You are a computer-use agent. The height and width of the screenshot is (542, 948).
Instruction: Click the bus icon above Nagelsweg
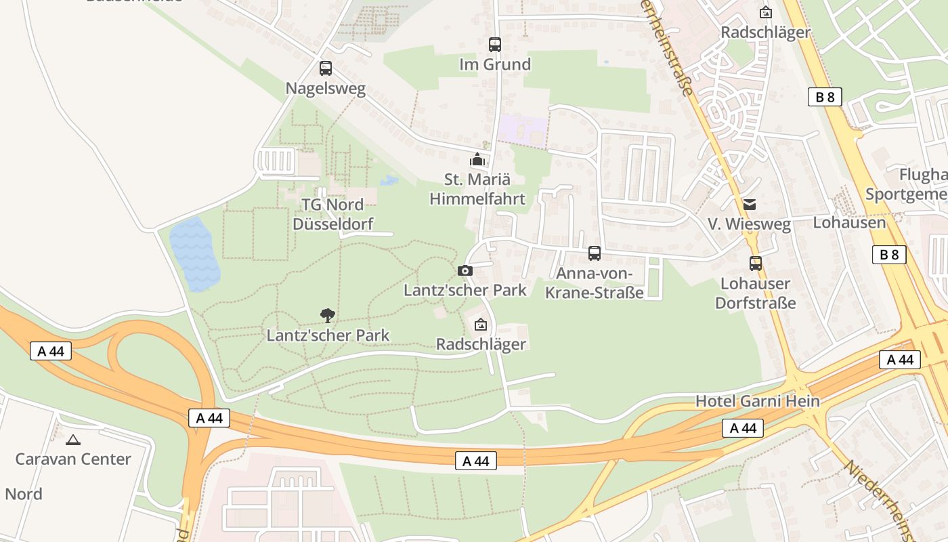326,68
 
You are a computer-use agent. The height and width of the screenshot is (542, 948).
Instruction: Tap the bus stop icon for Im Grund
495,45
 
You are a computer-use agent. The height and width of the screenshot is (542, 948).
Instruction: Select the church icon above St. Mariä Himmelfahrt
477,160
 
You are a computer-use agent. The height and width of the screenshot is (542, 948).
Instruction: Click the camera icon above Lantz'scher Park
465,270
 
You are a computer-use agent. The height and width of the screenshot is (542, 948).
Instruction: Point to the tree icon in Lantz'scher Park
328,315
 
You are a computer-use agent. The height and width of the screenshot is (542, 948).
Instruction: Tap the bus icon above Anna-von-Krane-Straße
595,253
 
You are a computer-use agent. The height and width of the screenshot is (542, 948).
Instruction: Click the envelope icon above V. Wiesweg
749,204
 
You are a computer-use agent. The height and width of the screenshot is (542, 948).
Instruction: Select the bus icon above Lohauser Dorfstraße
756,264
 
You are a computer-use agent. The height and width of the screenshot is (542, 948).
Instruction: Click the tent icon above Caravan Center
73,440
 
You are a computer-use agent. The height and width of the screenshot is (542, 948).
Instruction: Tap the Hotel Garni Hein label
757,401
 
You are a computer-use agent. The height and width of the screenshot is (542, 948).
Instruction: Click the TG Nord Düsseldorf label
332,214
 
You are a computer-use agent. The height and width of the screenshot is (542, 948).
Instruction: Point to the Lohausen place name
848,222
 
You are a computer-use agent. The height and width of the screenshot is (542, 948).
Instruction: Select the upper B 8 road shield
825,97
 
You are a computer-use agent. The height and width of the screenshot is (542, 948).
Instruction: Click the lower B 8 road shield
888,255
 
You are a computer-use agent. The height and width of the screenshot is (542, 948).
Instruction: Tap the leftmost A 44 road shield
51,351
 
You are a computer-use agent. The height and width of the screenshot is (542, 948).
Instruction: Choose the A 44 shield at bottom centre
476,461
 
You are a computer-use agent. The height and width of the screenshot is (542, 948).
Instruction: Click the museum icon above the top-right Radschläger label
766,12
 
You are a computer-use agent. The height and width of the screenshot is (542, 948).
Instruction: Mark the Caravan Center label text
73,459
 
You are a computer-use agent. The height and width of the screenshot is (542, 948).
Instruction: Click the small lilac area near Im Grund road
521,129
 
